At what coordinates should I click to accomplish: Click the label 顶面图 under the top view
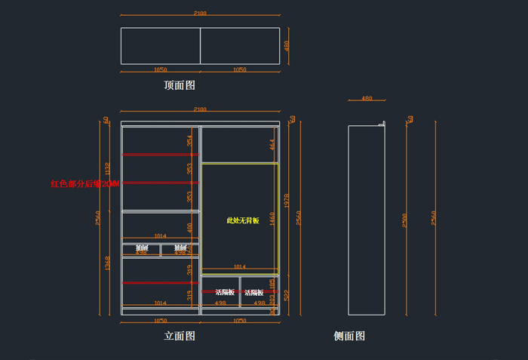coord(180,85)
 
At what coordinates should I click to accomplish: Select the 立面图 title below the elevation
coord(180,336)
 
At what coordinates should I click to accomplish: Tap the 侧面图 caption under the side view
coord(349,336)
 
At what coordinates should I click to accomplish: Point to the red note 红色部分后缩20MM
coord(84,183)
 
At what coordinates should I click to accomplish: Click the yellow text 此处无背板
coord(243,220)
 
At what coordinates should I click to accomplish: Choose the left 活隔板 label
coord(225,292)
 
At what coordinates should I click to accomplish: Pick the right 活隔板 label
coord(253,292)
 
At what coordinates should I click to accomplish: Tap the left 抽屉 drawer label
coord(142,248)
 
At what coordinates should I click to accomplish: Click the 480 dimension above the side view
coord(367,98)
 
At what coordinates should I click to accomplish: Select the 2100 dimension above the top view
coord(200,13)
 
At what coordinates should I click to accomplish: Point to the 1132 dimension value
coord(108,168)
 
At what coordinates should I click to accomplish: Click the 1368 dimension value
coord(108,263)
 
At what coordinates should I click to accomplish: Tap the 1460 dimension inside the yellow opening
coord(272,218)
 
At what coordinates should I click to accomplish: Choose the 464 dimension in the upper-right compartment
coord(272,144)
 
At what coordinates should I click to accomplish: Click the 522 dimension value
coord(287,295)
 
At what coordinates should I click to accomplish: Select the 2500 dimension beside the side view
coord(405,220)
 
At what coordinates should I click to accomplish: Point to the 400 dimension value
coord(190,226)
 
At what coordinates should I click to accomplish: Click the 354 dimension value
coord(190,140)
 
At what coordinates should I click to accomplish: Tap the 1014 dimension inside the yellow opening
coord(239,266)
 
